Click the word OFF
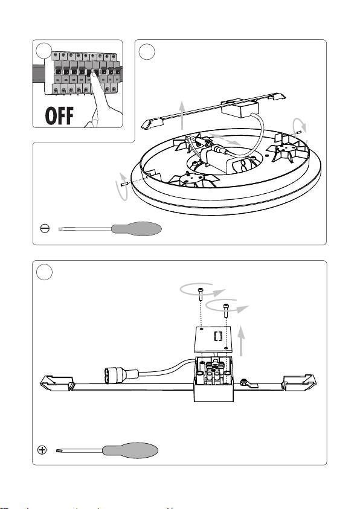tap(59, 116)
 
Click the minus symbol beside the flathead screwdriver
tap(45, 228)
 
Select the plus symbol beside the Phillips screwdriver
tap(42, 450)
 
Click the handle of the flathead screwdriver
tap(137, 229)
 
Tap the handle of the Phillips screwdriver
tap(130, 450)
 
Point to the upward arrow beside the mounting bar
tap(182, 115)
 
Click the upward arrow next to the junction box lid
tap(241, 342)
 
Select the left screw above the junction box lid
tap(201, 294)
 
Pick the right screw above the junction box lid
tap(226, 310)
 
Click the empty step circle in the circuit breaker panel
tap(44, 51)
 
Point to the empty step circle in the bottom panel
tap(44, 272)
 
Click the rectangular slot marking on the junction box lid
tap(218, 336)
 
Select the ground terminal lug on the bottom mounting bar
tap(248, 383)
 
